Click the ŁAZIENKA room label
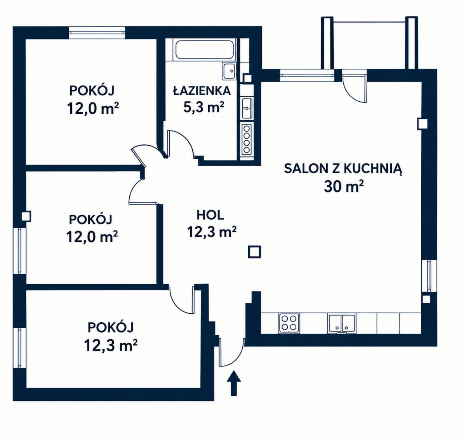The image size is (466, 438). tap(202, 91)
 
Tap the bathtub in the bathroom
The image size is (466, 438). tap(205, 50)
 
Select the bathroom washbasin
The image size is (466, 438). tap(229, 71)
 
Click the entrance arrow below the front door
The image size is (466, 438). tap(234, 383)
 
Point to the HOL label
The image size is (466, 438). tap(210, 215)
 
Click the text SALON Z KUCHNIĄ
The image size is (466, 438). tap(343, 169)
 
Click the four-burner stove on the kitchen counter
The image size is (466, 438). tap(289, 323)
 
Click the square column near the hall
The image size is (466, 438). tap(254, 252)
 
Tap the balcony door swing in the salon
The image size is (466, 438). tap(354, 87)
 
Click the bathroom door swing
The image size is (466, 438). tap(180, 144)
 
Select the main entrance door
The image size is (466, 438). tap(232, 353)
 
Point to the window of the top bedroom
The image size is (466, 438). tap(97, 33)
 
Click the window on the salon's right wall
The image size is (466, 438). tap(429, 276)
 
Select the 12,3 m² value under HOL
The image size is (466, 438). tap(211, 232)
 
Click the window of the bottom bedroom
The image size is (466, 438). tap(19, 348)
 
